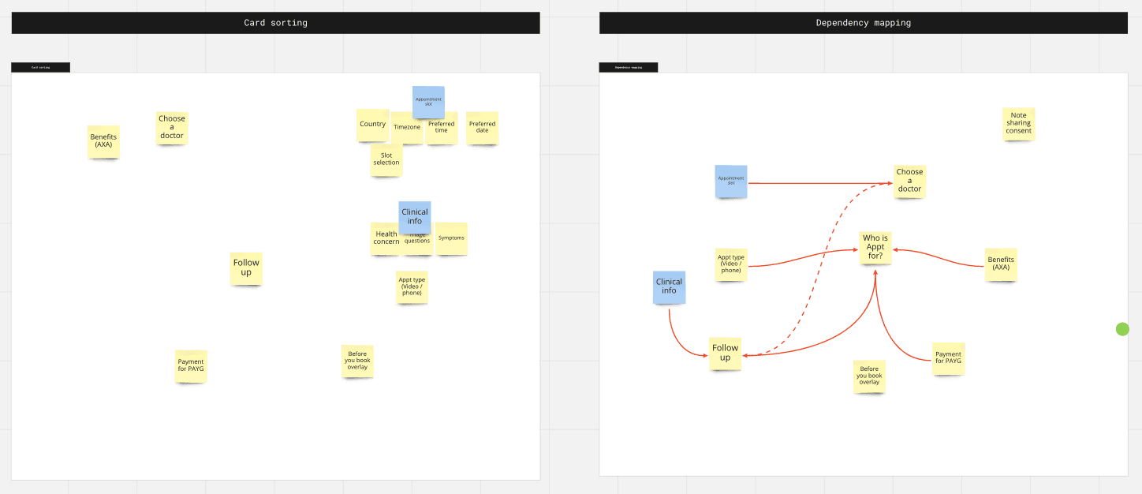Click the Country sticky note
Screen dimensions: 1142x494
371,125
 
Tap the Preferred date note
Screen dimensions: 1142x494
482,127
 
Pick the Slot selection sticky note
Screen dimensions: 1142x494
386,159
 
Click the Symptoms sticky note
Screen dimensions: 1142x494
452,238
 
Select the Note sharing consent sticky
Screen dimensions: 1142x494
1018,124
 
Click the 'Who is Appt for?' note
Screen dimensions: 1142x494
875,247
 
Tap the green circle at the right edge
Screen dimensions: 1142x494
1122,329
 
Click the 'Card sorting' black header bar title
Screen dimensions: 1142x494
275,23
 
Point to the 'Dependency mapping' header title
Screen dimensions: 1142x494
863,23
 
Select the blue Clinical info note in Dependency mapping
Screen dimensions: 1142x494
669,286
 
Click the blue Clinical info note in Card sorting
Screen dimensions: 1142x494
415,215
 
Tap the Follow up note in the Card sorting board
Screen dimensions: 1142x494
246,268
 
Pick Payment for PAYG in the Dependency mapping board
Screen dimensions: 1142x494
948,358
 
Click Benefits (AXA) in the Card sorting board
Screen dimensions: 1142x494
103,141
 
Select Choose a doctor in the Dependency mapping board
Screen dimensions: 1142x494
909,181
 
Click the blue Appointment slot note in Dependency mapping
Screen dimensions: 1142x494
731,181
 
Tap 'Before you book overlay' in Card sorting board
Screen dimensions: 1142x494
357,361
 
